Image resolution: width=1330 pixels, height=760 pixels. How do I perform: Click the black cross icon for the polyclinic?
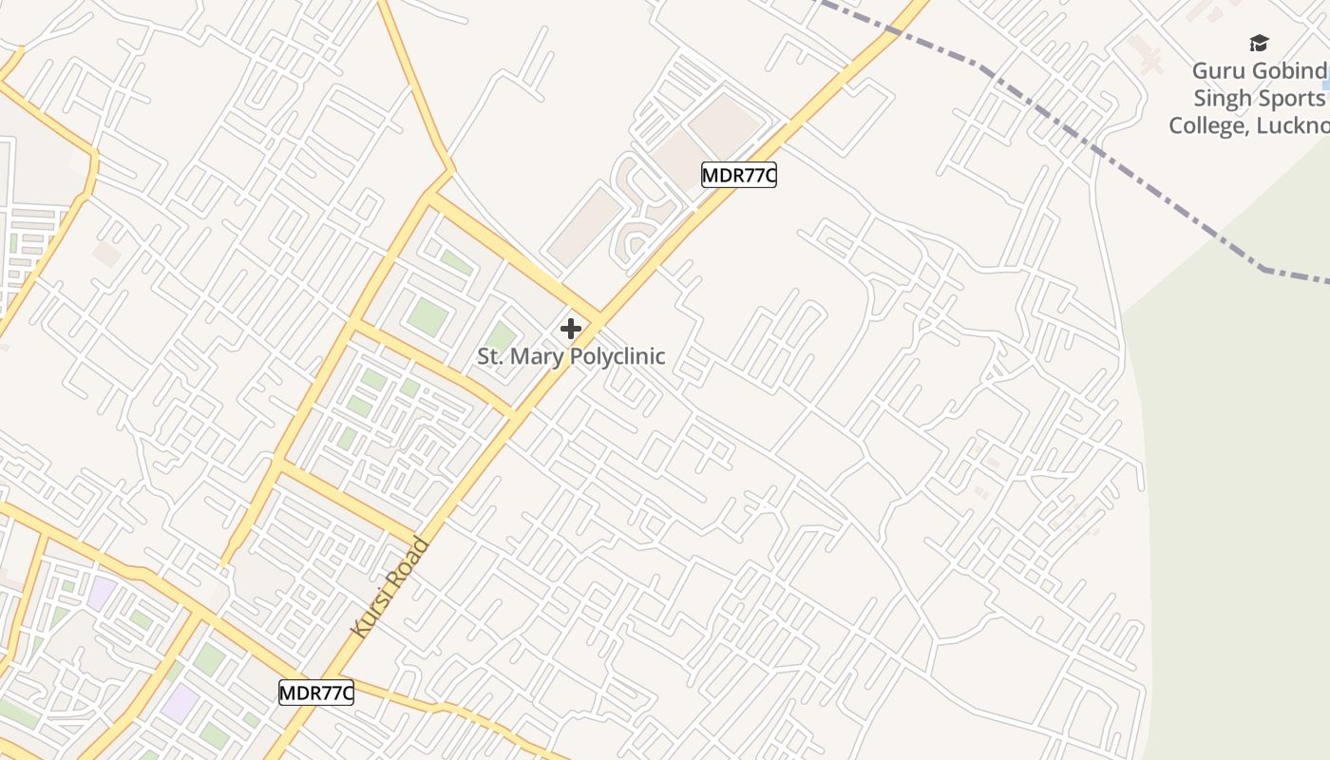click(570, 329)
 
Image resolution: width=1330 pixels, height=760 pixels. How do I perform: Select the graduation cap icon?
click(1259, 43)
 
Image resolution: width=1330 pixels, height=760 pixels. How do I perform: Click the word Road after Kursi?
click(412, 560)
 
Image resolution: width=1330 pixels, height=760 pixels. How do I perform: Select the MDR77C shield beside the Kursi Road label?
click(316, 693)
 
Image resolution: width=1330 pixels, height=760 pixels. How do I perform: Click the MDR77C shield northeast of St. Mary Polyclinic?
click(738, 175)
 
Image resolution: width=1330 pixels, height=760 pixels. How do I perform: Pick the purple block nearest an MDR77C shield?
click(180, 703)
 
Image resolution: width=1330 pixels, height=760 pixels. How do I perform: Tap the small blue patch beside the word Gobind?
click(1325, 85)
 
